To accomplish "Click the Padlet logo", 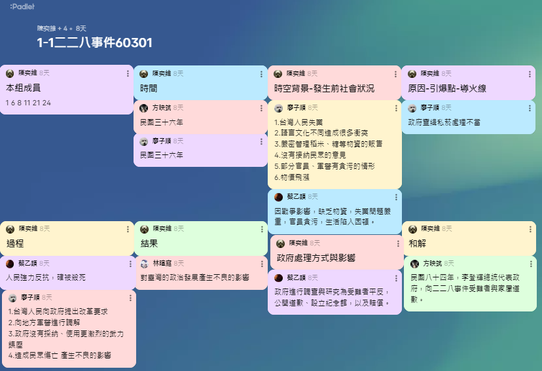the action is coord(22,7).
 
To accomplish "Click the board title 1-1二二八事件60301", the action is coord(95,43).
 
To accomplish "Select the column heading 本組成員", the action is coord(24,88).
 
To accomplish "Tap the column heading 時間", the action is coord(149,88).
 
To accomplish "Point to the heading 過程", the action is coord(15,243).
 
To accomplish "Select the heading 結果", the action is coord(149,243).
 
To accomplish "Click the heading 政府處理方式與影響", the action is coord(316,258).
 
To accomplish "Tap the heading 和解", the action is coord(417,243).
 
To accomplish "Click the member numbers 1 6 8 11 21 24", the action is coord(28,103).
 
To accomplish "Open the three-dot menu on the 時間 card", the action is coord(262,74).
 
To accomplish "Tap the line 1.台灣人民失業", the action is coord(300,122).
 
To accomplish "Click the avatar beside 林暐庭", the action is coord(145,264).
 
